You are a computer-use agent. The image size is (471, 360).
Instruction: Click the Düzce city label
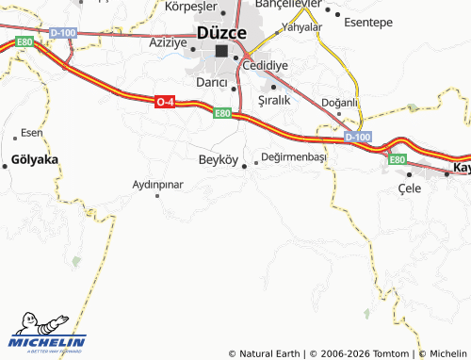(221, 32)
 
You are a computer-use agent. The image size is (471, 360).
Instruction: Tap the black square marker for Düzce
(221, 52)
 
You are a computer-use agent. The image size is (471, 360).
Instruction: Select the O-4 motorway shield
(164, 102)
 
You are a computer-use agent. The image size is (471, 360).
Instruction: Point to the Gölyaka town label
(36, 159)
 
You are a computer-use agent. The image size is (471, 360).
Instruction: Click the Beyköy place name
(219, 158)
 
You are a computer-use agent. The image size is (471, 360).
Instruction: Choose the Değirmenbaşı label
(294, 156)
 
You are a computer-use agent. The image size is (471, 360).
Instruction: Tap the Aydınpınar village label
(157, 184)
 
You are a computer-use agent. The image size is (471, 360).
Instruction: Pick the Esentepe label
(367, 21)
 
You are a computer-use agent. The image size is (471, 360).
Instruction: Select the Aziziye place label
(170, 43)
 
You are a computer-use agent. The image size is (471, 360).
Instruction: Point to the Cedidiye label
(265, 65)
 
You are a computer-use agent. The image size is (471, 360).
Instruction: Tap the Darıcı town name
(211, 82)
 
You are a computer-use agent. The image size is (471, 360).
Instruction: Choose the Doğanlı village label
(340, 102)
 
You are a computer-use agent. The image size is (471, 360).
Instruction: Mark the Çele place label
(409, 188)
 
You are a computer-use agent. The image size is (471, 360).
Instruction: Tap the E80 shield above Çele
(397, 159)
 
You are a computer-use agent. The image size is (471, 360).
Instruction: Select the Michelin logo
(47, 335)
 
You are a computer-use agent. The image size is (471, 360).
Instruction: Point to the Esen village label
(32, 132)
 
